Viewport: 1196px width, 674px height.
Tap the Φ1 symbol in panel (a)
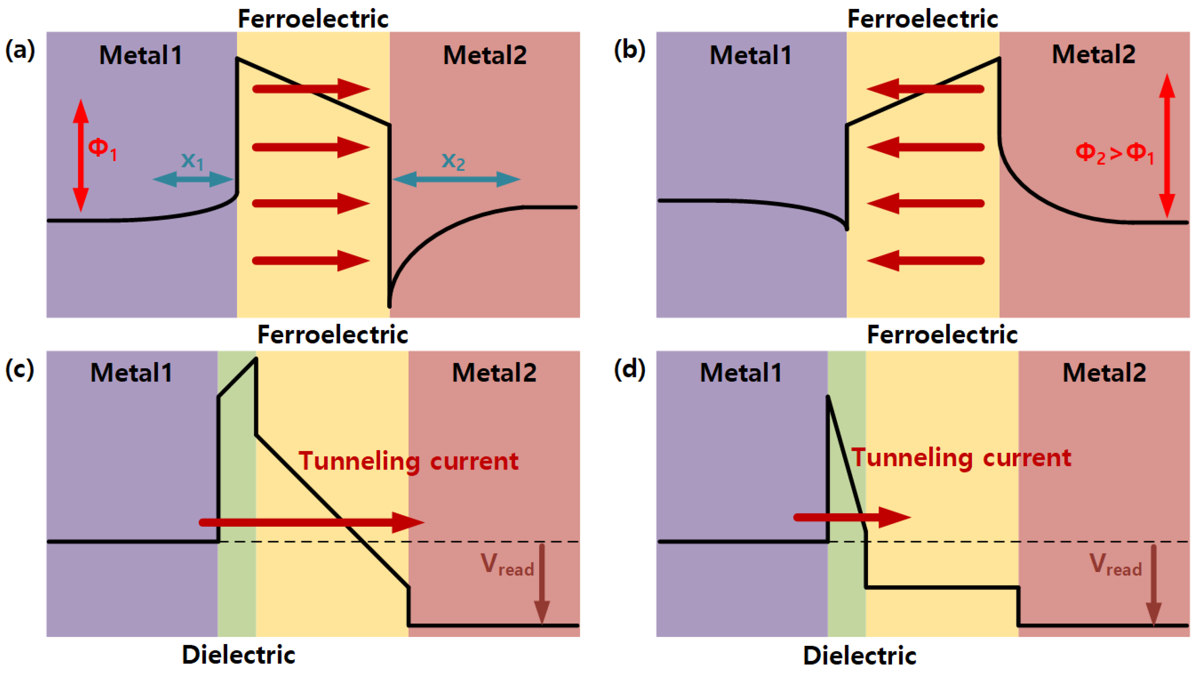click(x=102, y=150)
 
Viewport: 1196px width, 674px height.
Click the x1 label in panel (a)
click(x=192, y=161)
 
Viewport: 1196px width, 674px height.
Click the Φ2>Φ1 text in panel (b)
click(x=1114, y=153)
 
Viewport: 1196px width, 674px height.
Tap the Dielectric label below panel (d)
click(x=859, y=656)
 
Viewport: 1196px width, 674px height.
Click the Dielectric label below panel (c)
click(x=238, y=655)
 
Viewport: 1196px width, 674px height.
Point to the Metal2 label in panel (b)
click(x=1094, y=54)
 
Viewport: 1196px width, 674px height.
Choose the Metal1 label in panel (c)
click(x=131, y=373)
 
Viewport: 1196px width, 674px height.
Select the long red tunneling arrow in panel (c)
click(x=311, y=522)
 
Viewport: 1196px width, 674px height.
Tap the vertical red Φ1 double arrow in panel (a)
click(x=80, y=155)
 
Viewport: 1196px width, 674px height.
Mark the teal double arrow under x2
click(x=456, y=179)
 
